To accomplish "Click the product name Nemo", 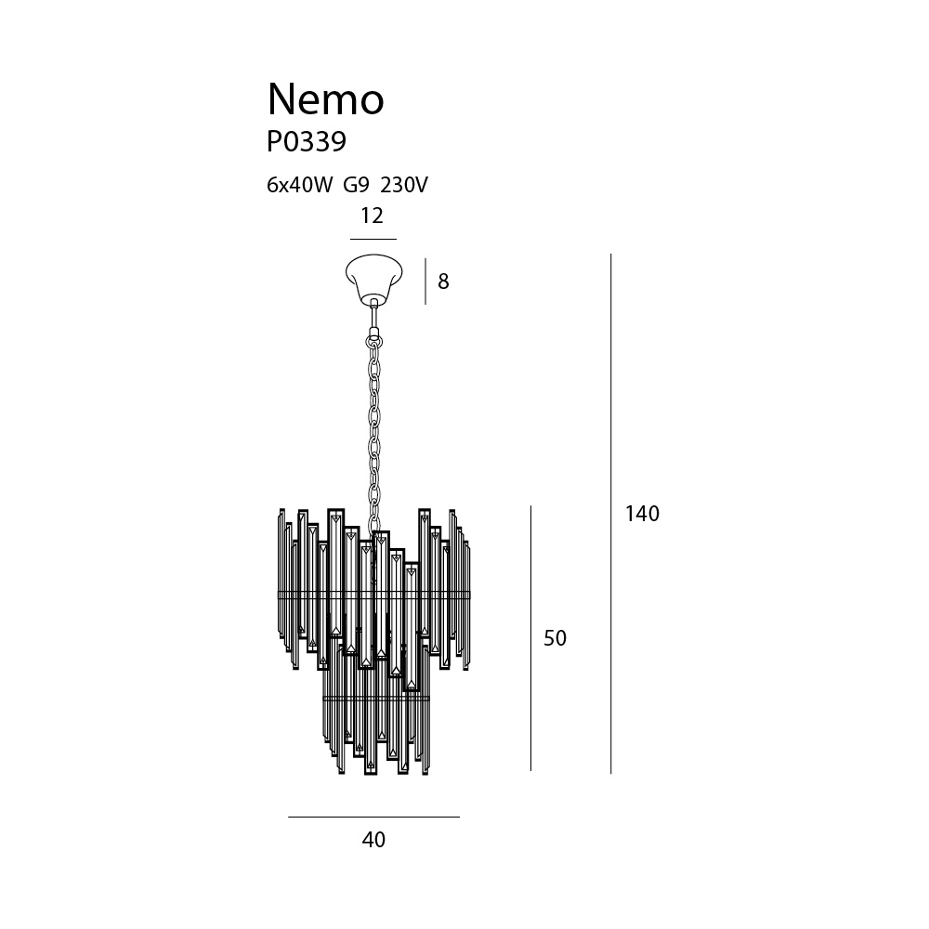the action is click(x=326, y=99).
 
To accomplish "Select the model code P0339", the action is click(x=307, y=142).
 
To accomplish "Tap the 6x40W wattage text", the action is click(x=300, y=186).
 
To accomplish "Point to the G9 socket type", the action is click(x=356, y=186).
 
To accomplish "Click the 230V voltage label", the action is click(x=403, y=186).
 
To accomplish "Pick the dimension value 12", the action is click(x=373, y=216).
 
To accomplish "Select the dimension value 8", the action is click(x=443, y=281).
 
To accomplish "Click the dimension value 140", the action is click(x=642, y=514).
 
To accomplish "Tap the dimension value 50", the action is click(x=556, y=638).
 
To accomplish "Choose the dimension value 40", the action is click(x=373, y=840).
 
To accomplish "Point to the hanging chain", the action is click(x=373, y=433).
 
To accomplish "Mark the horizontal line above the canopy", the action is click(x=373, y=240).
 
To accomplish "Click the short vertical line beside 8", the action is click(x=425, y=281).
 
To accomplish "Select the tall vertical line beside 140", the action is click(x=611, y=514).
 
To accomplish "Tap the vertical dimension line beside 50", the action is click(x=530, y=638).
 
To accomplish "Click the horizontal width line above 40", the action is click(x=373, y=817).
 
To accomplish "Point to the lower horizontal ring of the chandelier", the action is click(x=376, y=699).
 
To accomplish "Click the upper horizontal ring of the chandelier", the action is click(x=373, y=594).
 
